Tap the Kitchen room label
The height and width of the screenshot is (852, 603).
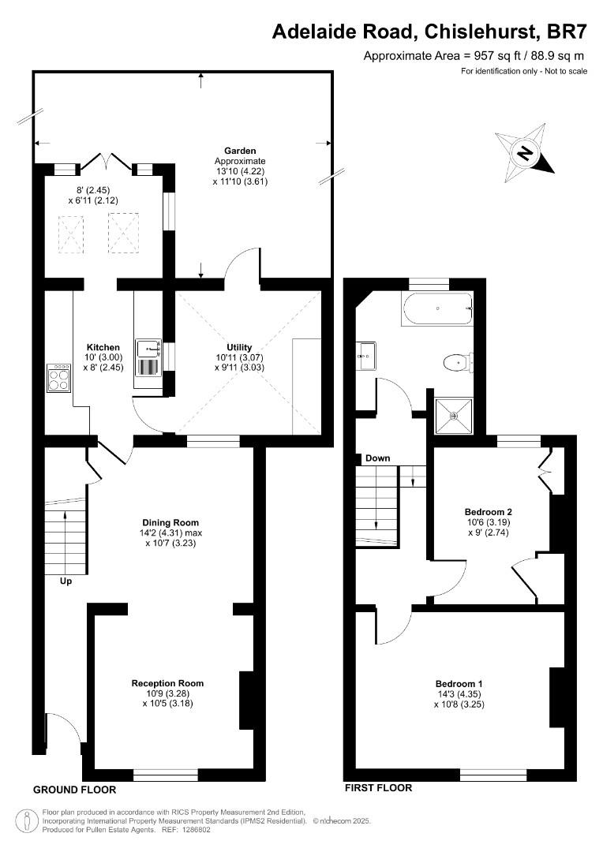point(103,347)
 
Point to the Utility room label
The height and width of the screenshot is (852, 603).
point(239,347)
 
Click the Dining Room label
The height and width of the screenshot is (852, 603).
point(170,522)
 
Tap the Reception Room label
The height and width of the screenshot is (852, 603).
point(167,683)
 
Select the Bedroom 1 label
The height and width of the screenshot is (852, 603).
point(459,683)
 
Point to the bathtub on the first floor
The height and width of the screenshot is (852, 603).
point(437,308)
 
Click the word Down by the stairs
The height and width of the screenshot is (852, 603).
point(378,458)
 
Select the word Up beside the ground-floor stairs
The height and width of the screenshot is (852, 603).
point(67,581)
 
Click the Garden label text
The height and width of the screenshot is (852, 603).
point(240,150)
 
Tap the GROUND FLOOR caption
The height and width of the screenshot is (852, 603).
point(75,790)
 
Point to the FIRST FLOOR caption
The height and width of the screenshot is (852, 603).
point(378,787)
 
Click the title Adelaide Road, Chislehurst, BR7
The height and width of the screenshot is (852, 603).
point(429,31)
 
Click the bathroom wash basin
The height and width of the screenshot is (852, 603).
point(365,355)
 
